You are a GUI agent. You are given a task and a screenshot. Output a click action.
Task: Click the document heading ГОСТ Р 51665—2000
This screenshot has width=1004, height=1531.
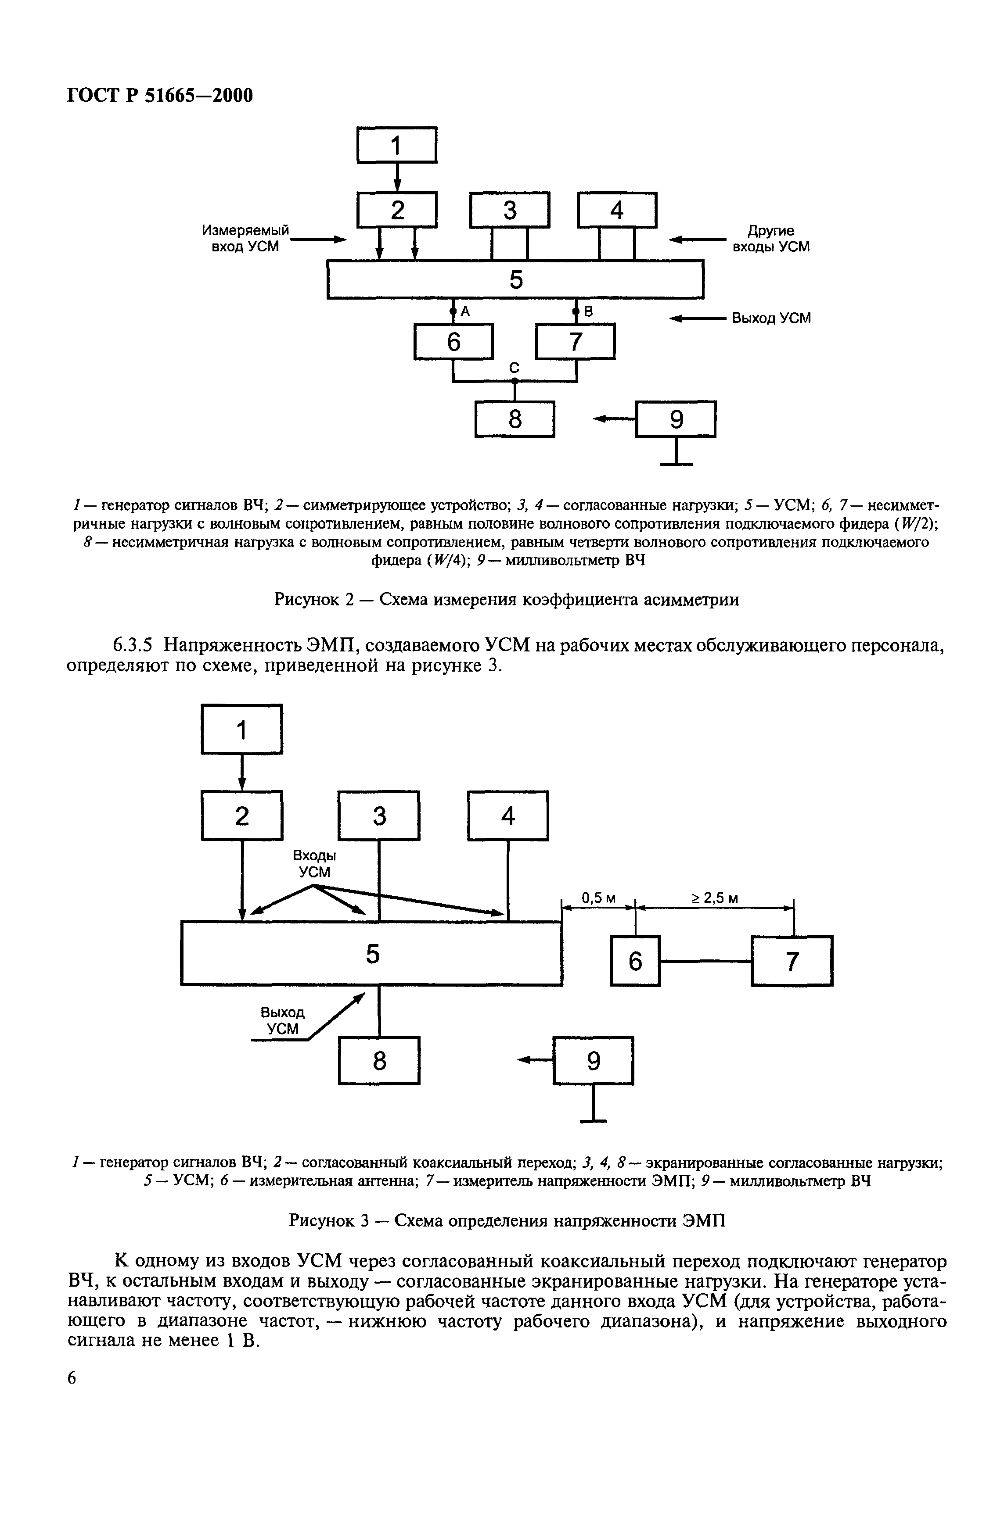[160, 95]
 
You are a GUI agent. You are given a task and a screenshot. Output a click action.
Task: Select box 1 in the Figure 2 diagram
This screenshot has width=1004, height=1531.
[396, 145]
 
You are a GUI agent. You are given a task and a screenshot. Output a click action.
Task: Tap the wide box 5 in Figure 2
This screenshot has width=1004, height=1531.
[515, 279]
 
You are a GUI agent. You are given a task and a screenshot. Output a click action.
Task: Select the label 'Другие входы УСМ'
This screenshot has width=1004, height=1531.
[771, 239]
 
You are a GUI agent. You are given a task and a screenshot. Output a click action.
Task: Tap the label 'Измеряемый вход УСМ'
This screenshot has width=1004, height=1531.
[246, 239]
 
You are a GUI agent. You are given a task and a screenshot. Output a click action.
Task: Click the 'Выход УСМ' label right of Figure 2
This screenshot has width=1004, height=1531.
[771, 318]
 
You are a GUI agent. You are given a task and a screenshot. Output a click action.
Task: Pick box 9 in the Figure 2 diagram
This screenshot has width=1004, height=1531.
[675, 419]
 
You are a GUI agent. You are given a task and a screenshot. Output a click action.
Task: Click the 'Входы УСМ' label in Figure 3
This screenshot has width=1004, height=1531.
[315, 864]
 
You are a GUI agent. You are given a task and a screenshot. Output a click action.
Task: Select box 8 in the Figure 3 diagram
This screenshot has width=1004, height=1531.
[379, 1060]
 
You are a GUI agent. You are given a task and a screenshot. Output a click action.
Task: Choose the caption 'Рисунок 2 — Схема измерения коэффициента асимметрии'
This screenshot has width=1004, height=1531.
[507, 600]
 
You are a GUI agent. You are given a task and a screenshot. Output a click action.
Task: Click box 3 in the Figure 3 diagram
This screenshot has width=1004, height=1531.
[379, 816]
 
